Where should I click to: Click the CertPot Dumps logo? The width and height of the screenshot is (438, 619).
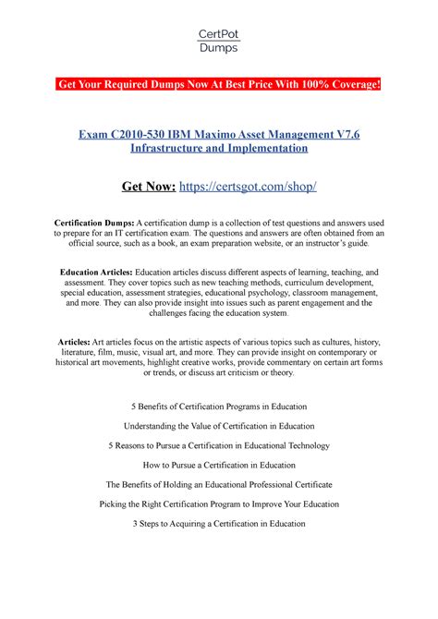219,42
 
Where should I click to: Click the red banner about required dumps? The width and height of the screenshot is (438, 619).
219,86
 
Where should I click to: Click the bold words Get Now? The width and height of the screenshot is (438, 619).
151,188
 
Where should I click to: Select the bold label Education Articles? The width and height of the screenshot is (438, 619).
96,273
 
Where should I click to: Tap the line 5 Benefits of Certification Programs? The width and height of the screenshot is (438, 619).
219,407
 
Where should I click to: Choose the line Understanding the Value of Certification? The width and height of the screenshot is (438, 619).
219,426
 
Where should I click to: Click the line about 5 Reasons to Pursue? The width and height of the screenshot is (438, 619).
219,445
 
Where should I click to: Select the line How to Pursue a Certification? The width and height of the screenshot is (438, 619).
219,465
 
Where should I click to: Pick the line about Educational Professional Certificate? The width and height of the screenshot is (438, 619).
219,484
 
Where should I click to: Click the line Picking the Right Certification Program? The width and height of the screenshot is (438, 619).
219,504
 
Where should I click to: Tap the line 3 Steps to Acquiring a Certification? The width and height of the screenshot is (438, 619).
219,524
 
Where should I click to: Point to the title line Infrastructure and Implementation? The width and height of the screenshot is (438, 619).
219,148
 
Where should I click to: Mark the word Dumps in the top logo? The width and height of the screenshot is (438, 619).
219,50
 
